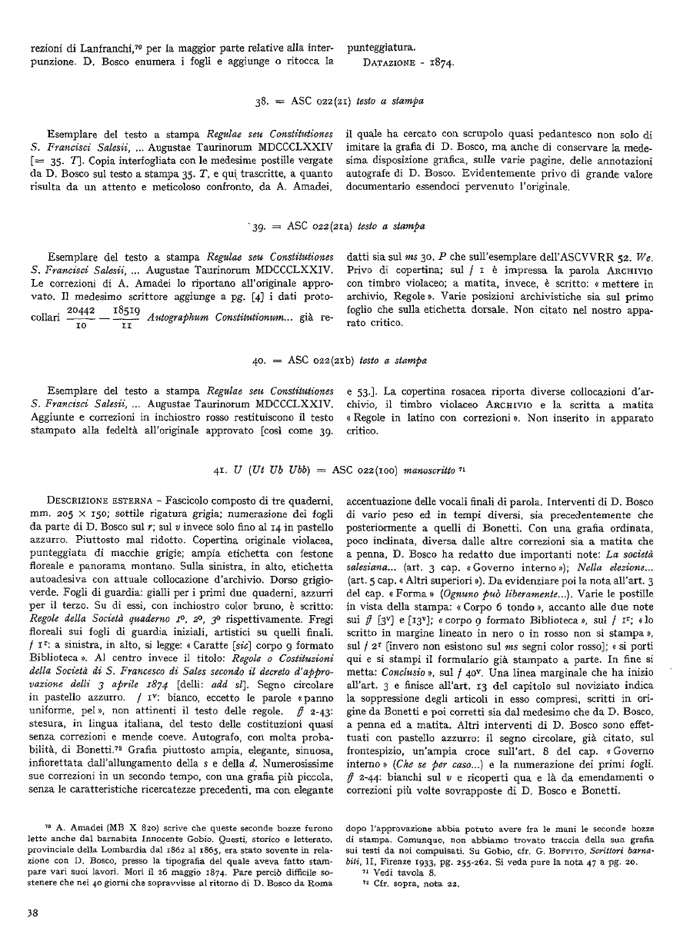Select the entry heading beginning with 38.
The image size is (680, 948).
[339, 101]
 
